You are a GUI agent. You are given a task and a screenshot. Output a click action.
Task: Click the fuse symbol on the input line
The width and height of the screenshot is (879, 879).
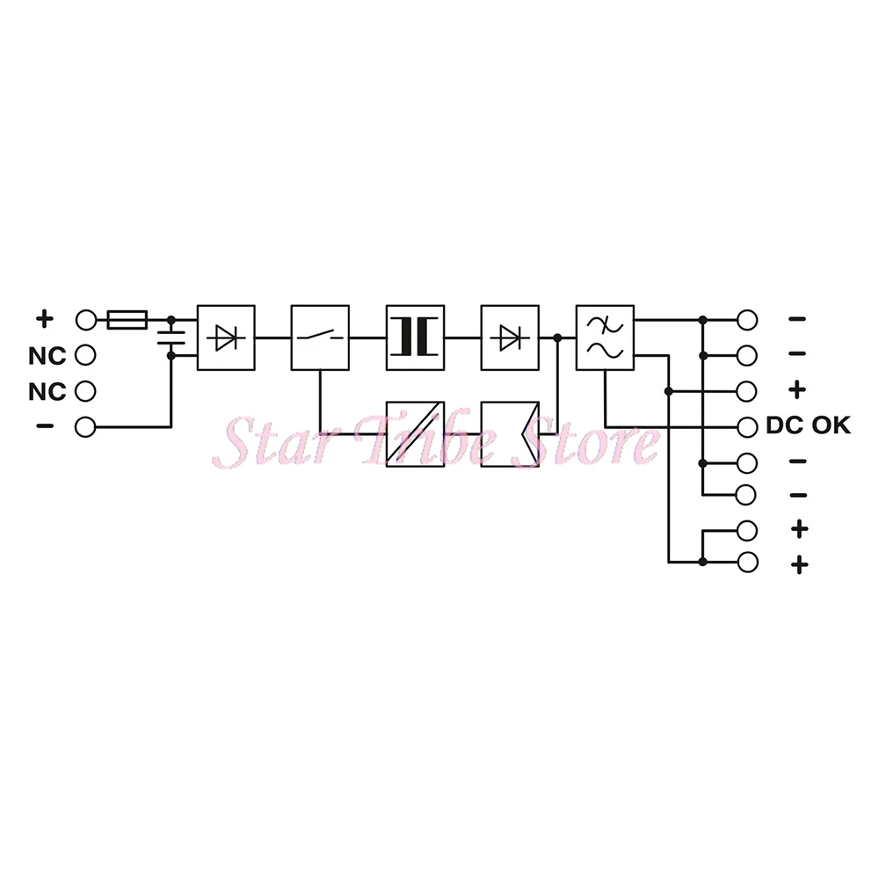127,320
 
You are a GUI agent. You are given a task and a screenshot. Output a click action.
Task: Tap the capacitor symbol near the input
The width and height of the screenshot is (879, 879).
171,338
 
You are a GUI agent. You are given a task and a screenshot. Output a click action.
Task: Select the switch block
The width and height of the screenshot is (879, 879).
320,337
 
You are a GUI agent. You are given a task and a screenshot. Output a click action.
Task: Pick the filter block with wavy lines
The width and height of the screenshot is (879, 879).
605,337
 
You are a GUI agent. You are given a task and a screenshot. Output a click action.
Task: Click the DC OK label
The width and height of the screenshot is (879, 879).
808,426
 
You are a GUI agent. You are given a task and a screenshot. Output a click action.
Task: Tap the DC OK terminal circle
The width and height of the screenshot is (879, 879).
747,426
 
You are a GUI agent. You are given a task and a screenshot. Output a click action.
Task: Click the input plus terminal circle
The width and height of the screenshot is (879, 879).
85,320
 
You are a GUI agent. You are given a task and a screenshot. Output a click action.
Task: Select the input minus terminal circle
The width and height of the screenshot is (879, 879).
85,427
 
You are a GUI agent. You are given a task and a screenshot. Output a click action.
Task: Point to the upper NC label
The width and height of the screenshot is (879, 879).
47,356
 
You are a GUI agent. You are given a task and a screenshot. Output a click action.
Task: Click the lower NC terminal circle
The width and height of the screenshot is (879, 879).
85,391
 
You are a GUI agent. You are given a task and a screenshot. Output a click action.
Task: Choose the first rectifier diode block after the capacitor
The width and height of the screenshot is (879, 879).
226,337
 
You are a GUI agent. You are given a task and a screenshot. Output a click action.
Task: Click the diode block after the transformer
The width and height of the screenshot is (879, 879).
510,337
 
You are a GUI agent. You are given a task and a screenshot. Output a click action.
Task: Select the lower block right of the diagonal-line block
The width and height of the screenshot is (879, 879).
510,434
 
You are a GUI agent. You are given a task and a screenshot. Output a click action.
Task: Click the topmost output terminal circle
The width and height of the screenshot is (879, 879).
747,320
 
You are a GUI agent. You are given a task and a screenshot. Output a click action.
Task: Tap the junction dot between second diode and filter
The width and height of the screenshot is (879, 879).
557,337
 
